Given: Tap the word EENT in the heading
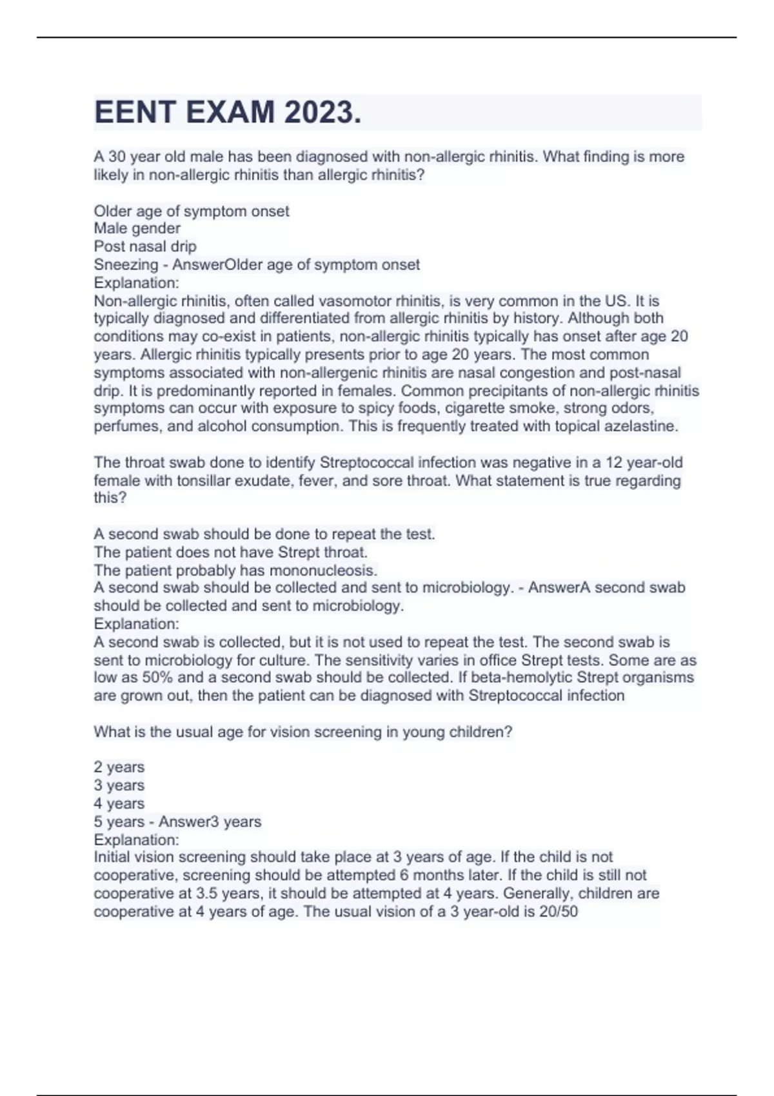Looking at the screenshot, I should [135, 112].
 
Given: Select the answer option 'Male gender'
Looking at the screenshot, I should [137, 228].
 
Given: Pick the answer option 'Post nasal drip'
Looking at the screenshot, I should [145, 246].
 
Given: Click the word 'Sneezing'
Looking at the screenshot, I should [126, 264].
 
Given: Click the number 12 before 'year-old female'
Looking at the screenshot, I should [614, 463].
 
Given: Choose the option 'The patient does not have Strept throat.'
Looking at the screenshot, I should [230, 552].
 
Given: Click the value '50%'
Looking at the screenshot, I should [157, 678].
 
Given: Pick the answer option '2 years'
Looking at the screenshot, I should [119, 767].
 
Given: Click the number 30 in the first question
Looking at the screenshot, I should [117, 157].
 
